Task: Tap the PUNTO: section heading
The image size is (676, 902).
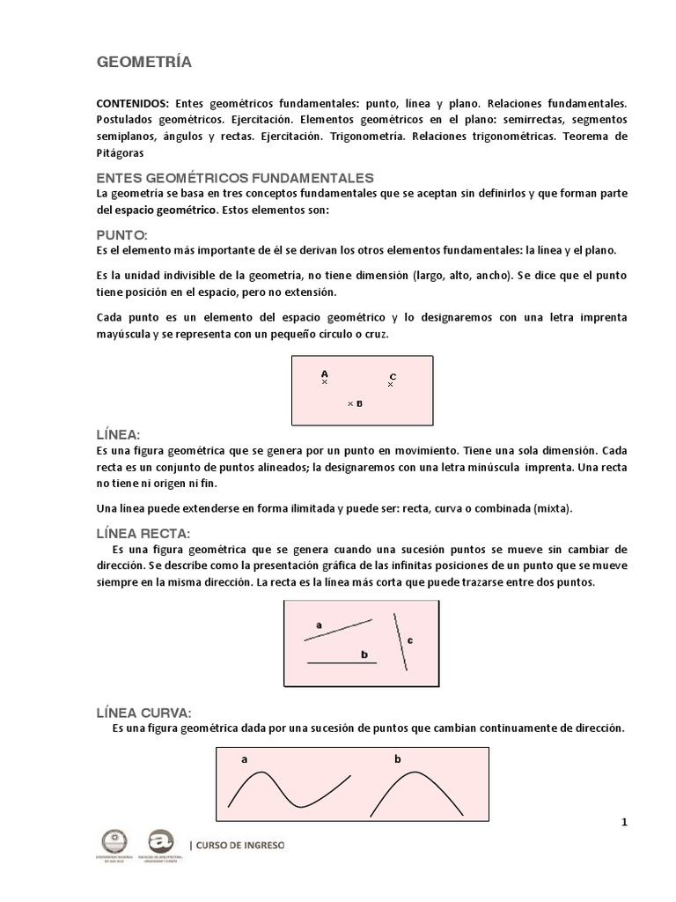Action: pos(121,235)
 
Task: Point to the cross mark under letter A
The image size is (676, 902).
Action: pos(325,382)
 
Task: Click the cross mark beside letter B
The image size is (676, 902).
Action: pos(350,404)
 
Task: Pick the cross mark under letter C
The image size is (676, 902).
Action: pos(391,385)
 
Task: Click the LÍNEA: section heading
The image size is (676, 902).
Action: pos(119,435)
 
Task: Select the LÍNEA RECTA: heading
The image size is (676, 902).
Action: pos(143,533)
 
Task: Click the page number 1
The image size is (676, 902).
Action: pos(624,823)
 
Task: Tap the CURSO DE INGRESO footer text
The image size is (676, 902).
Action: pos(239,845)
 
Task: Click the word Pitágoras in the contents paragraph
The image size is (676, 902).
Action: pos(120,152)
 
